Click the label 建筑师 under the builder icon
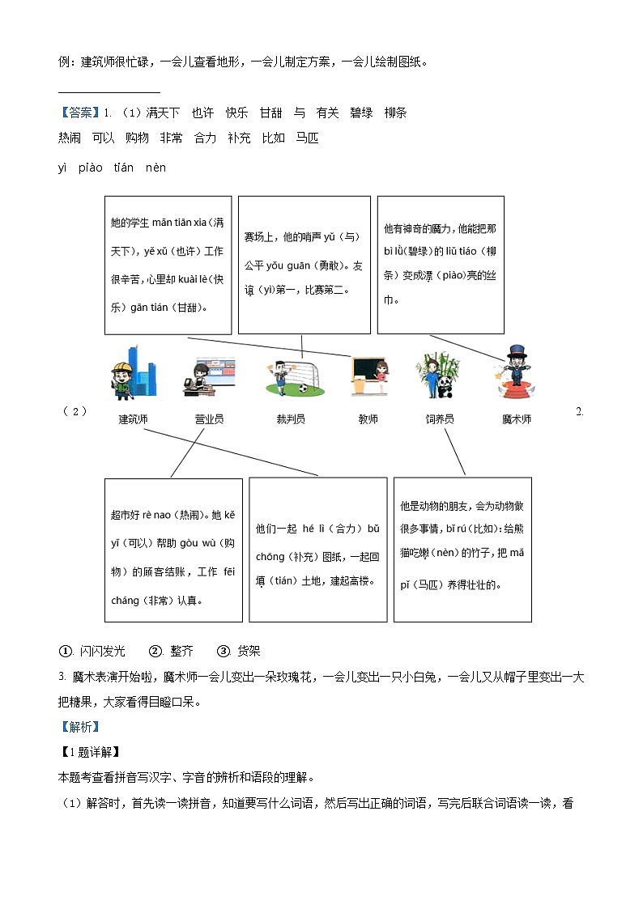pos(133,419)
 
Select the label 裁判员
pos(291,419)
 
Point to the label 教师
pos(368,419)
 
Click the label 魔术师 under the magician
pos(517,419)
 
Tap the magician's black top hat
pos(516,353)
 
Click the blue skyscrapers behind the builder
pos(143,372)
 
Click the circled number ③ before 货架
pos(224,652)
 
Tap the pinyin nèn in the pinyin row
pos(155,168)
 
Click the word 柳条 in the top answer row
pos(395,113)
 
